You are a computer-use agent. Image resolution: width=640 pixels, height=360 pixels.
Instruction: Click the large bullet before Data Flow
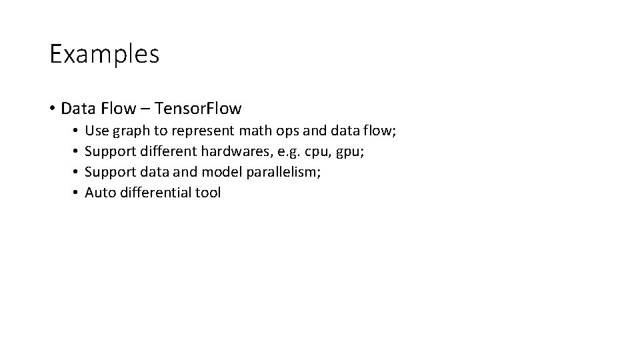click(x=52, y=108)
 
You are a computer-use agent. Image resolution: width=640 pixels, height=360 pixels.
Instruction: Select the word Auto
click(x=100, y=193)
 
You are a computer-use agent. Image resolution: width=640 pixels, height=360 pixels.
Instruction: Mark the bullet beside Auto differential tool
click(x=77, y=193)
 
